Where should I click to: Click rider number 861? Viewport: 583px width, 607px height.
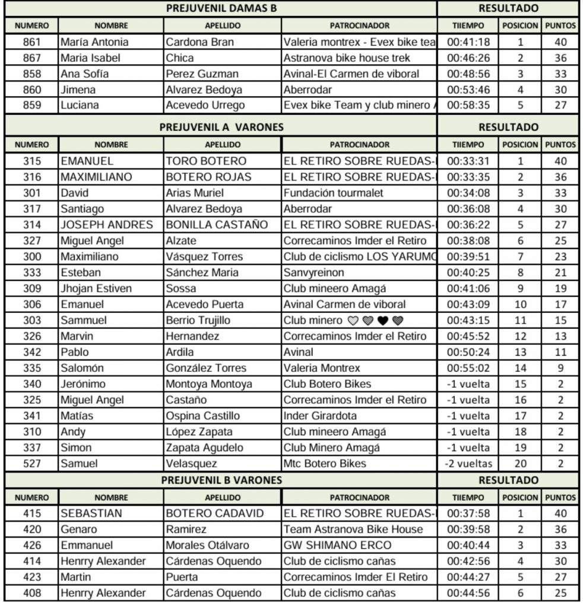pyautogui.click(x=32, y=42)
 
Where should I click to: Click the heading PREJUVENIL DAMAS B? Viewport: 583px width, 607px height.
pyautogui.click(x=222, y=8)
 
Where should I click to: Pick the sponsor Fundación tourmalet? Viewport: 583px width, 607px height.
pyautogui.click(x=334, y=193)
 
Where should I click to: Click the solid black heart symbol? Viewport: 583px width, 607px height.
pyautogui.click(x=383, y=321)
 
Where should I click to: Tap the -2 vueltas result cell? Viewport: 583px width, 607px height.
pyautogui.click(x=468, y=464)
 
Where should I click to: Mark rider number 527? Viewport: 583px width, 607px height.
pyautogui.click(x=32, y=464)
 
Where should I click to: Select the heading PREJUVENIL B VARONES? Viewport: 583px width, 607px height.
pyautogui.click(x=222, y=480)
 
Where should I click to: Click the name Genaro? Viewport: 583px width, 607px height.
pyautogui.click(x=79, y=529)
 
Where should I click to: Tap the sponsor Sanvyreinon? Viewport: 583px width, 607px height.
pyautogui.click(x=315, y=273)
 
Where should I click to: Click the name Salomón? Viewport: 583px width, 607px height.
pyautogui.click(x=82, y=368)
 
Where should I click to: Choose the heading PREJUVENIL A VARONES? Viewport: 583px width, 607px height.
pyautogui.click(x=222, y=127)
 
